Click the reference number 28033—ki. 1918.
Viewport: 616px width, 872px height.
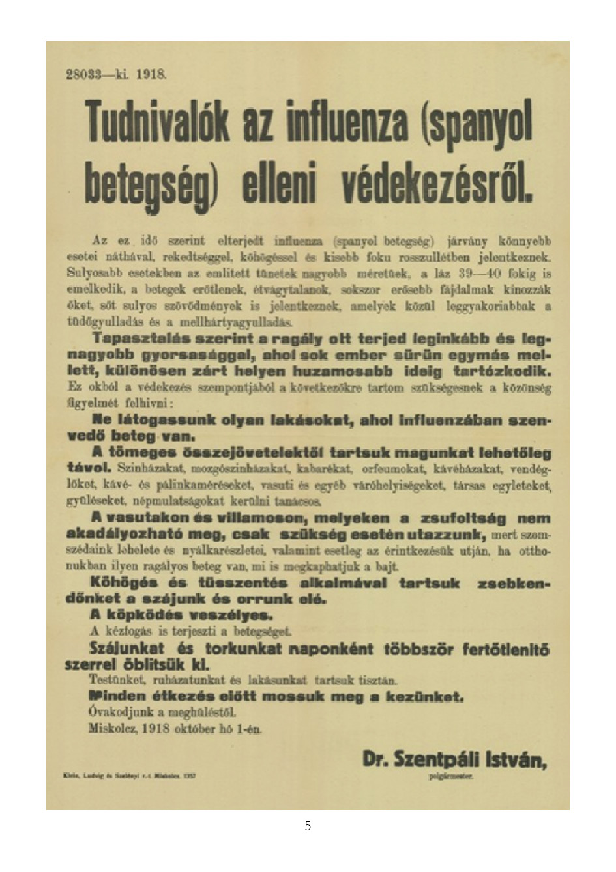[x=117, y=74]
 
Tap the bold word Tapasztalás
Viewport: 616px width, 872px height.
[x=134, y=339]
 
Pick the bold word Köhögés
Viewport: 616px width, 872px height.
[x=122, y=582]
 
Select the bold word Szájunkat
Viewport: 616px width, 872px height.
[x=126, y=649]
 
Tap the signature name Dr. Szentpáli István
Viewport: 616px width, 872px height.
[x=455, y=759]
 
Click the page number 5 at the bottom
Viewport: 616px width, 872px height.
[x=308, y=826]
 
